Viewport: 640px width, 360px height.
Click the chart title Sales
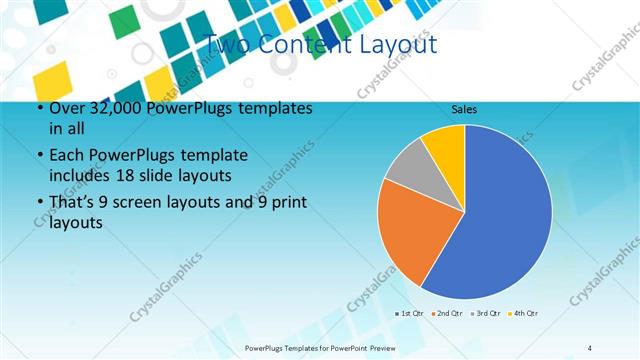pyautogui.click(x=464, y=108)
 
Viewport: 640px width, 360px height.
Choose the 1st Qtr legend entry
pyautogui.click(x=410, y=313)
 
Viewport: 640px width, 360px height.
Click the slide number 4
pyautogui.click(x=590, y=347)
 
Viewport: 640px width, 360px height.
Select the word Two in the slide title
pyautogui.click(x=225, y=44)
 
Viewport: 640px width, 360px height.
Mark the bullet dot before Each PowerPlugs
pyautogui.click(x=39, y=157)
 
